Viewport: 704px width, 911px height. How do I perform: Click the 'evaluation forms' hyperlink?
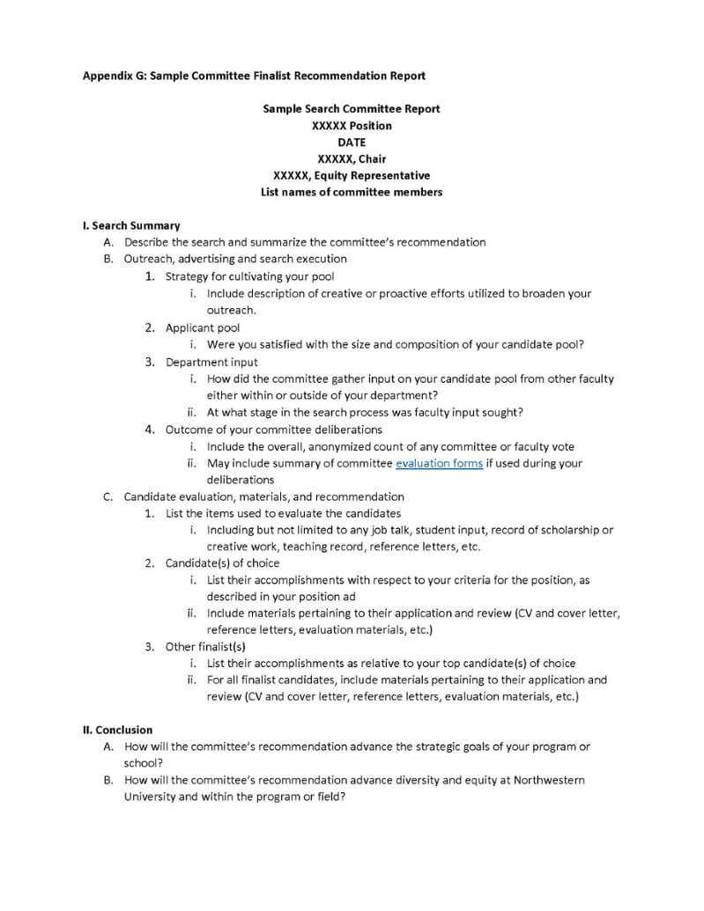tap(439, 463)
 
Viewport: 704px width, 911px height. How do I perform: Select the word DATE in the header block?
tap(352, 142)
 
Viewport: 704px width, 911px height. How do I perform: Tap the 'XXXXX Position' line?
tap(352, 125)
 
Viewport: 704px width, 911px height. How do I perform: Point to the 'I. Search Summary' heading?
tap(131, 225)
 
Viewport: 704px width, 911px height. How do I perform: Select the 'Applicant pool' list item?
tap(203, 327)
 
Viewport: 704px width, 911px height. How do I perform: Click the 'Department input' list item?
tap(211, 362)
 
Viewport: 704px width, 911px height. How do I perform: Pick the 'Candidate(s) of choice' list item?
tap(222, 562)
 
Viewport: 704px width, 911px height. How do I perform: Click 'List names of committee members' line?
tap(352, 192)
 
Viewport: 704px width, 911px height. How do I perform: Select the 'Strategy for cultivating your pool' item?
tap(249, 276)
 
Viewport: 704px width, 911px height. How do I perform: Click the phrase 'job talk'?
tap(392, 530)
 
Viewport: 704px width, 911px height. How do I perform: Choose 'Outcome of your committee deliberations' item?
tap(273, 430)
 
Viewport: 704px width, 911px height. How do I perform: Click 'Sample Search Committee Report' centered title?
tap(352, 108)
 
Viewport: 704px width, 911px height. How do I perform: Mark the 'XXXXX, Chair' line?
tap(352, 158)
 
